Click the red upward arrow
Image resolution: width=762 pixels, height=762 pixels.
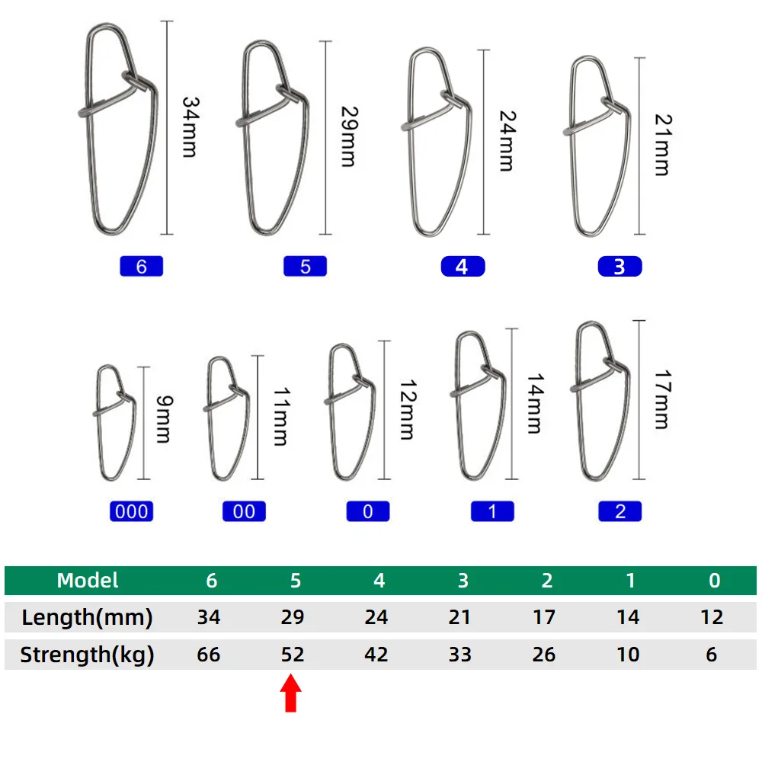point(290,693)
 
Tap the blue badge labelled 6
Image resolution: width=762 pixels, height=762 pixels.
point(142,266)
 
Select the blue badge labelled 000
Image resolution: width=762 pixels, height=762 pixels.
point(131,511)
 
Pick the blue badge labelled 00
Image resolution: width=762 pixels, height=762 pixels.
point(244,511)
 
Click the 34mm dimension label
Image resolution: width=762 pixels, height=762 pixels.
point(190,126)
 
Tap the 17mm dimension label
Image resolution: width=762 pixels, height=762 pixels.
point(662,399)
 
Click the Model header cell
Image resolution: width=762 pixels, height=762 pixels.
point(88,580)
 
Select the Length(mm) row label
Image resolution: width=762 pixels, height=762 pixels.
point(87,617)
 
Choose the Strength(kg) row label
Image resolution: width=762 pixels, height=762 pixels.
point(87,655)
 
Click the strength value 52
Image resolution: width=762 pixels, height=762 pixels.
point(293,655)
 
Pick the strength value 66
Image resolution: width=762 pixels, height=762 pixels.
point(209,655)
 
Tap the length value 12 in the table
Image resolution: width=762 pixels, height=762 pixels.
point(712,617)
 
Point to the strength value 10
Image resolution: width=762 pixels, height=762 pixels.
point(628,655)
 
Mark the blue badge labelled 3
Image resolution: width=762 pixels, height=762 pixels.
point(620,266)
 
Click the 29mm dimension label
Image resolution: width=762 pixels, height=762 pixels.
point(349,136)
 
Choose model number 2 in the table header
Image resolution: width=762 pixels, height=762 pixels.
point(546,580)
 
